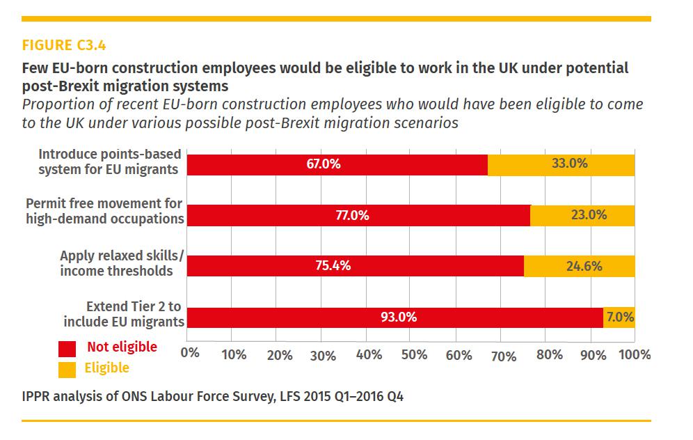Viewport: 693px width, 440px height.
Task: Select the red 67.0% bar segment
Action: (x=337, y=165)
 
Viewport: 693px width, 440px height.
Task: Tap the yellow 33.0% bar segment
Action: (x=561, y=165)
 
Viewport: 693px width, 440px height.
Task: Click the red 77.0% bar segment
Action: (x=359, y=216)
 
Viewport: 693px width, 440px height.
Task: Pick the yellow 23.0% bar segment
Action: (x=582, y=216)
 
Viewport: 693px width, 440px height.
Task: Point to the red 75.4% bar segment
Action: (x=356, y=266)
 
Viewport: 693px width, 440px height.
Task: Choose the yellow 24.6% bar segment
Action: (x=579, y=266)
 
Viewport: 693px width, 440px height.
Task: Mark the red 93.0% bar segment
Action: (x=395, y=317)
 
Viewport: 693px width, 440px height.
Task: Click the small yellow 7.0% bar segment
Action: (x=619, y=317)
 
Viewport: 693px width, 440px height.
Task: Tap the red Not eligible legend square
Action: (x=67, y=348)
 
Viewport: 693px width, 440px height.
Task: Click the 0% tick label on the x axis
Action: (x=189, y=354)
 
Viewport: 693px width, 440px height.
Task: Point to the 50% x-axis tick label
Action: (x=414, y=354)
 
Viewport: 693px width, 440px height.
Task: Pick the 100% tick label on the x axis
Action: (x=634, y=354)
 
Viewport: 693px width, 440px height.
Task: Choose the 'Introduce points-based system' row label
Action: (x=109, y=162)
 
